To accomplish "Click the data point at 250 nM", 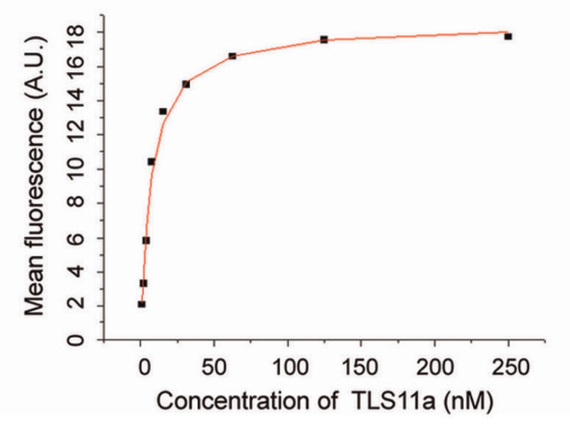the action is [x=508, y=37].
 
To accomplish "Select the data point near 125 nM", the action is [x=324, y=39].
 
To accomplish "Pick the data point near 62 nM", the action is [x=232, y=56].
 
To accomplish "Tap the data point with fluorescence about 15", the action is [x=186, y=84].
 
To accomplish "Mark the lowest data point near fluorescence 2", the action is [x=141, y=304].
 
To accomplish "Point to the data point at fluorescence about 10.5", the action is [x=151, y=161].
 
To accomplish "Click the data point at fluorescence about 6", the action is [x=146, y=241].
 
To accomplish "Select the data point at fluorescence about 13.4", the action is [x=163, y=111].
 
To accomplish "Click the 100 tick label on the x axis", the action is [x=290, y=368].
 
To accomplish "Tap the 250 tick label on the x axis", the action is [x=510, y=368].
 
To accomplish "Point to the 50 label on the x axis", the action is [x=214, y=368].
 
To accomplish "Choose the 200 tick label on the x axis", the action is [x=435, y=368].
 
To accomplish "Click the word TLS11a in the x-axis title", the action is [x=394, y=401].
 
